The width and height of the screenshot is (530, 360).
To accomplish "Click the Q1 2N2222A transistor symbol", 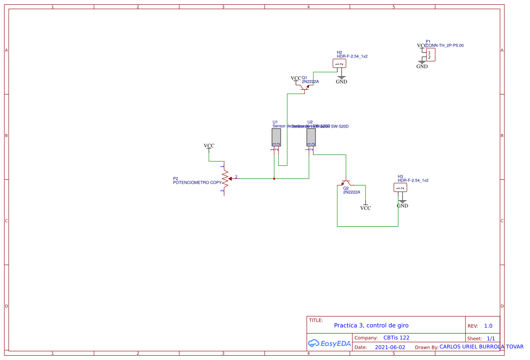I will (x=304, y=87).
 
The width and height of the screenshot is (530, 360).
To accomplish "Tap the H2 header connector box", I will (x=339, y=64).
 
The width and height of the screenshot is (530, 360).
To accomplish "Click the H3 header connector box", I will (x=400, y=188).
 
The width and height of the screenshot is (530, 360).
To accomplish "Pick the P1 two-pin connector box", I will (x=430, y=55).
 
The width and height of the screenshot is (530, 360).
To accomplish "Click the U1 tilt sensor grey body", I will (x=276, y=138).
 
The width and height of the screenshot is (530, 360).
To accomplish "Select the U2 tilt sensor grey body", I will (x=311, y=138).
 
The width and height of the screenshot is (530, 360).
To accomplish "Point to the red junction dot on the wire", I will (x=274, y=178).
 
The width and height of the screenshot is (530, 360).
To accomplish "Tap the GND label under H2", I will (x=342, y=81).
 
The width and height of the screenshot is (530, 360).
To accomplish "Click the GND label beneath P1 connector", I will (x=422, y=67).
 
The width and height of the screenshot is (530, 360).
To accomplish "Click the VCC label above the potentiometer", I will (x=209, y=146).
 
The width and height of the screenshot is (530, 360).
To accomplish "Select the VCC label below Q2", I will (x=366, y=208).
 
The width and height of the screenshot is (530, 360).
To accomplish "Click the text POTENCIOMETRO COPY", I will (x=197, y=183).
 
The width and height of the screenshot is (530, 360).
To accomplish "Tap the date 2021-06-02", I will (x=390, y=347).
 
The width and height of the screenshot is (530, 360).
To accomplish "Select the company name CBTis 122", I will (x=396, y=338).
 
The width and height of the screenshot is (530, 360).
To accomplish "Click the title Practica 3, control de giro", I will (x=371, y=325).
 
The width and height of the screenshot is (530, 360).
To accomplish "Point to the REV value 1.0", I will (x=488, y=326).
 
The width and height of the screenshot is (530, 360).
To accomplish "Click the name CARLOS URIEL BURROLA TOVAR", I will (x=481, y=347).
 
